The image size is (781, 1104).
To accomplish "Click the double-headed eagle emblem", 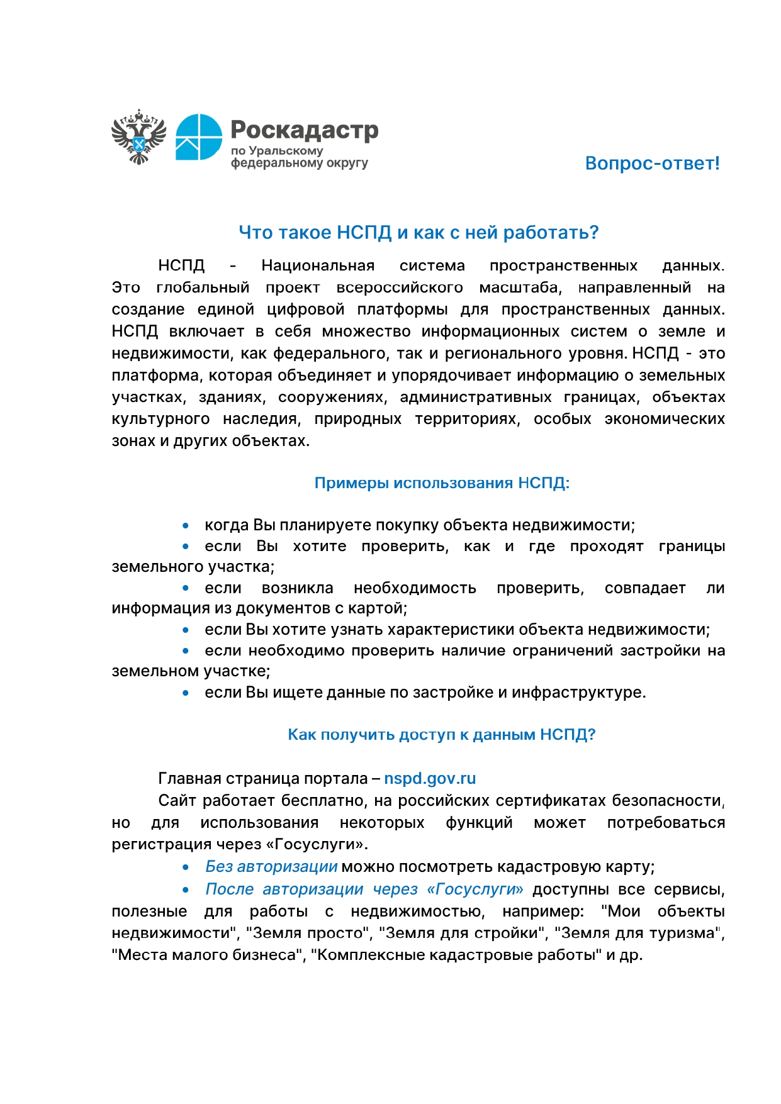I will coord(138,137).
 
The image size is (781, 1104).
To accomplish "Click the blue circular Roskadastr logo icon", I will coord(198,137).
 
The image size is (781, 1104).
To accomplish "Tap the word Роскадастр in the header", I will coord(305,130).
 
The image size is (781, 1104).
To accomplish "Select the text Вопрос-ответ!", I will coord(652,164).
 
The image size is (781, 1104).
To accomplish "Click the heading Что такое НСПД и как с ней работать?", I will coord(419,233).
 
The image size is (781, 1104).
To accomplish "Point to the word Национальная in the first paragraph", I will coord(318,266).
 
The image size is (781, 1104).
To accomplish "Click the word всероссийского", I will coord(400,288).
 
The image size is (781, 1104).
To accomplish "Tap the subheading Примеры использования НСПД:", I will coord(442,483).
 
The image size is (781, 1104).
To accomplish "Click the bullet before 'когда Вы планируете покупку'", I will coord(186,526).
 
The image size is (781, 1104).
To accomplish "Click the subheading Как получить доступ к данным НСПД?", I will coord(441,735).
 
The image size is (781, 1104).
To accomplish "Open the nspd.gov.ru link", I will coord(430,779).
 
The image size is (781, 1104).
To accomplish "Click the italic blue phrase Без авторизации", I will coord(271,867).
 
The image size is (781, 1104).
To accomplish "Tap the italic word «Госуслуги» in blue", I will coord(475,889).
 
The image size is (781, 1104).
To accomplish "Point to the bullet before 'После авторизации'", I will coord(186,890).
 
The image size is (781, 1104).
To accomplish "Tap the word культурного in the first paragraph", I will coord(160,419).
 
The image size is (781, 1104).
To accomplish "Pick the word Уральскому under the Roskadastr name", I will coord(286,151).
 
